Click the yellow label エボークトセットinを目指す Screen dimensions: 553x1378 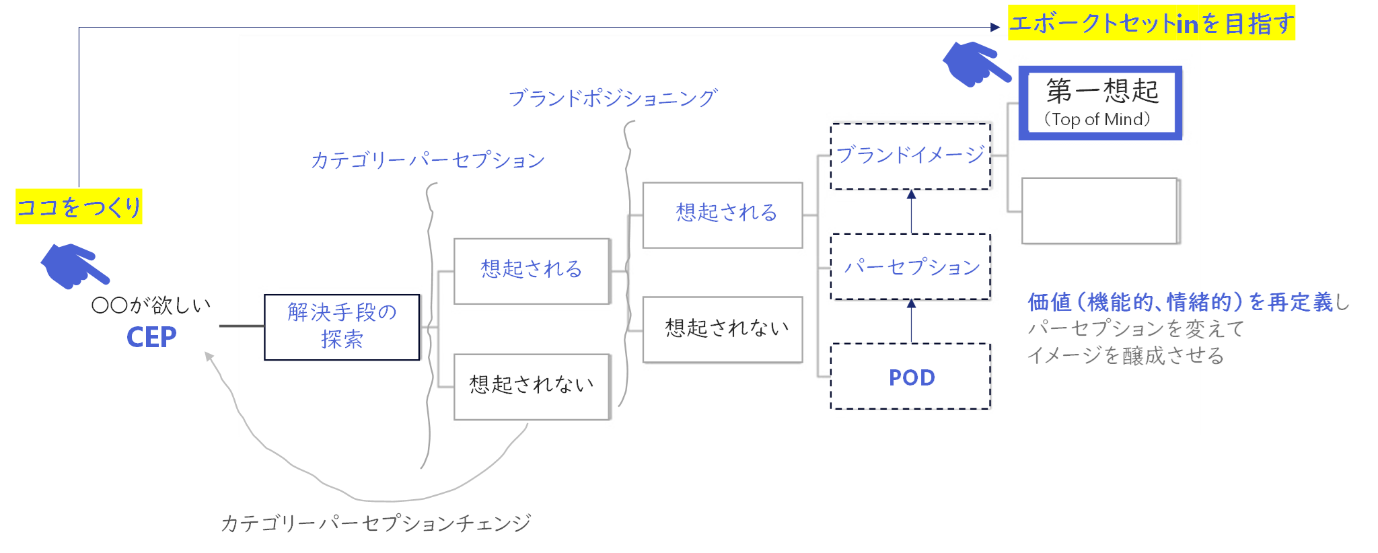(1151, 24)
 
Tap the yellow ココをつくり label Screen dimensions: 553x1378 (79, 207)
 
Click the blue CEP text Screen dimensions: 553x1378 (151, 337)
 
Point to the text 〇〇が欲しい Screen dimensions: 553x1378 (151, 305)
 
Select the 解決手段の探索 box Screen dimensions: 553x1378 (342, 327)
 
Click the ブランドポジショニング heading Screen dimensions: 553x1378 (612, 98)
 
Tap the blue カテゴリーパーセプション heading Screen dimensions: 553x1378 (427, 160)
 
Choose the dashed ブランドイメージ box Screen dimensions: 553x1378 (910, 156)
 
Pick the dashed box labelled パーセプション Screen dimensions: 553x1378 (910, 266)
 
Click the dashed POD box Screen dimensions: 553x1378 (910, 377)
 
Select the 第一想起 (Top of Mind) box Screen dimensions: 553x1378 (1100, 103)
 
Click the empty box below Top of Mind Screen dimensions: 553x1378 (1100, 211)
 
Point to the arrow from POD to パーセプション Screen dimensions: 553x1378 (911, 322)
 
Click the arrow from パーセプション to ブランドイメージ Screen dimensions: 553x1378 (911, 211)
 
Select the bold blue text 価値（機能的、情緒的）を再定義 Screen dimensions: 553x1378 (1180, 302)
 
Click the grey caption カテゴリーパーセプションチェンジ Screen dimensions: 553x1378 (376, 523)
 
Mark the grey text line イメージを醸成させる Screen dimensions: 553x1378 (1125, 355)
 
